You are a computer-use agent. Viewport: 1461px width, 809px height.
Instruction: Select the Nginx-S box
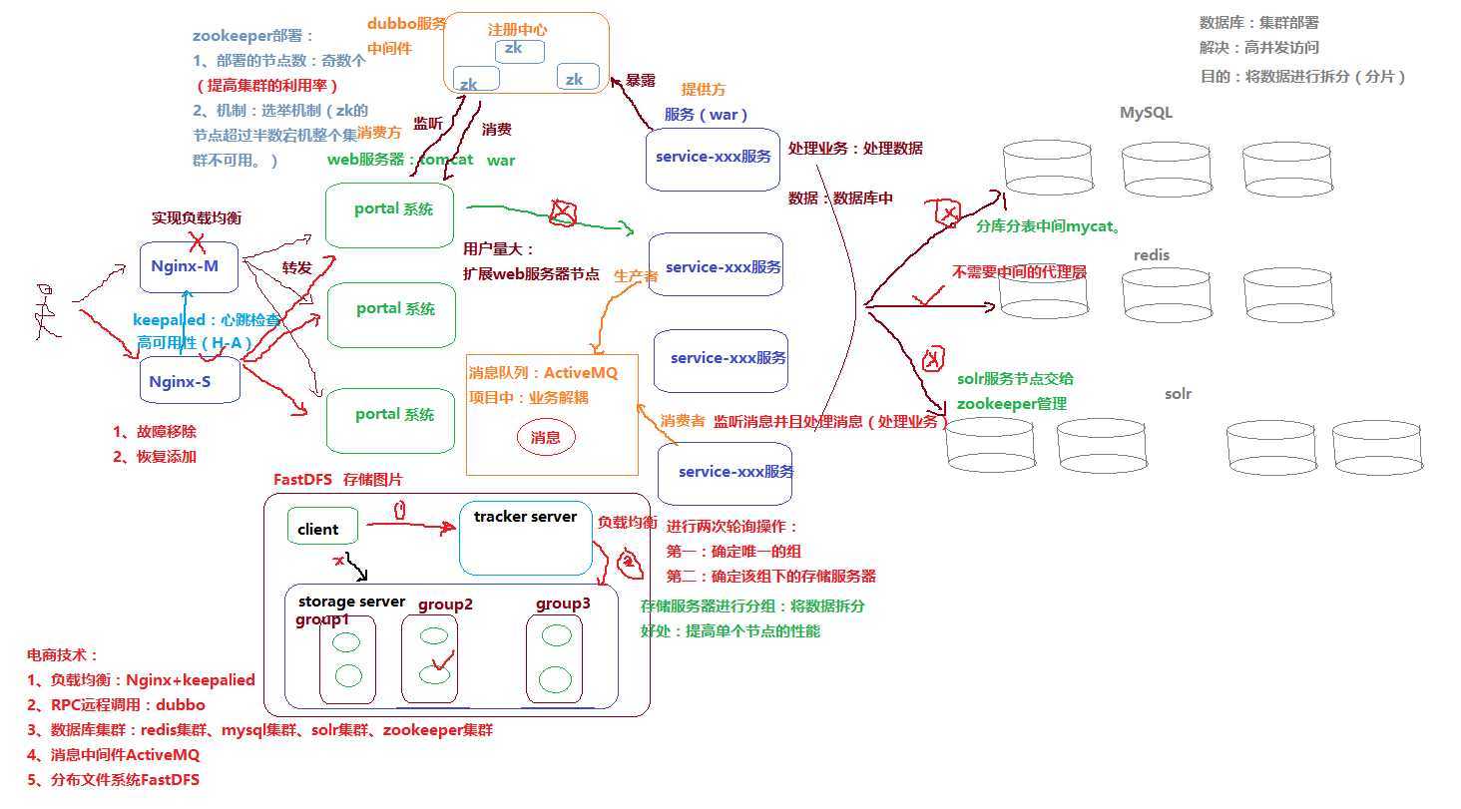(190, 380)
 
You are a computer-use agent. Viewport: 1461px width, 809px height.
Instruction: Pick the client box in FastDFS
(321, 528)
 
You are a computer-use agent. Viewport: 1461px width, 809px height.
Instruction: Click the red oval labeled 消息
(546, 437)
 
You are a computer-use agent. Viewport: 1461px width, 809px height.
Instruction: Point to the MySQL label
(1146, 113)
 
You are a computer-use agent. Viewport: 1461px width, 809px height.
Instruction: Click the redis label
(1152, 255)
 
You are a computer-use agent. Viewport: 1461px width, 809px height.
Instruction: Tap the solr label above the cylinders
(1178, 394)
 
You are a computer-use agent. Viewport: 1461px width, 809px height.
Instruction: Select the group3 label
(563, 604)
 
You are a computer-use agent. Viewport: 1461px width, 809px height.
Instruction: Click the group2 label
(445, 605)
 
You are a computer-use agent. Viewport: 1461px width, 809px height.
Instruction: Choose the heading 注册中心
(517, 29)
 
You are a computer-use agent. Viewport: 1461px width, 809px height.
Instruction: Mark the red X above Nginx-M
(199, 239)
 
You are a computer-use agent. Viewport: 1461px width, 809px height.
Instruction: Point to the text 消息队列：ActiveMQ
(543, 373)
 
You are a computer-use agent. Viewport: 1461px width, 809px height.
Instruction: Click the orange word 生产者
(636, 275)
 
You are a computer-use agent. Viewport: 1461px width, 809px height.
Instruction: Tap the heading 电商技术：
(63, 655)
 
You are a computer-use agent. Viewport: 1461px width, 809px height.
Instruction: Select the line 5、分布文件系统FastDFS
(113, 780)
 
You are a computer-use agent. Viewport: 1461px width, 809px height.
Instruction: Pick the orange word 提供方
(704, 90)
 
